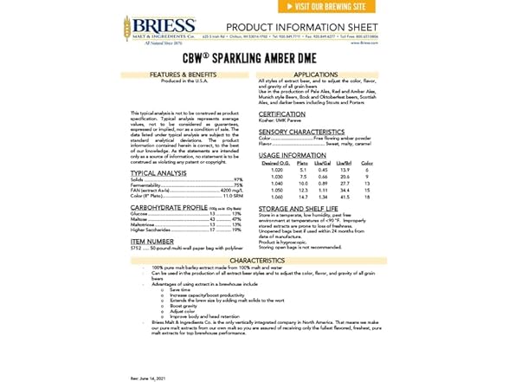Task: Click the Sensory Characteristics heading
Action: pos(307,132)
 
